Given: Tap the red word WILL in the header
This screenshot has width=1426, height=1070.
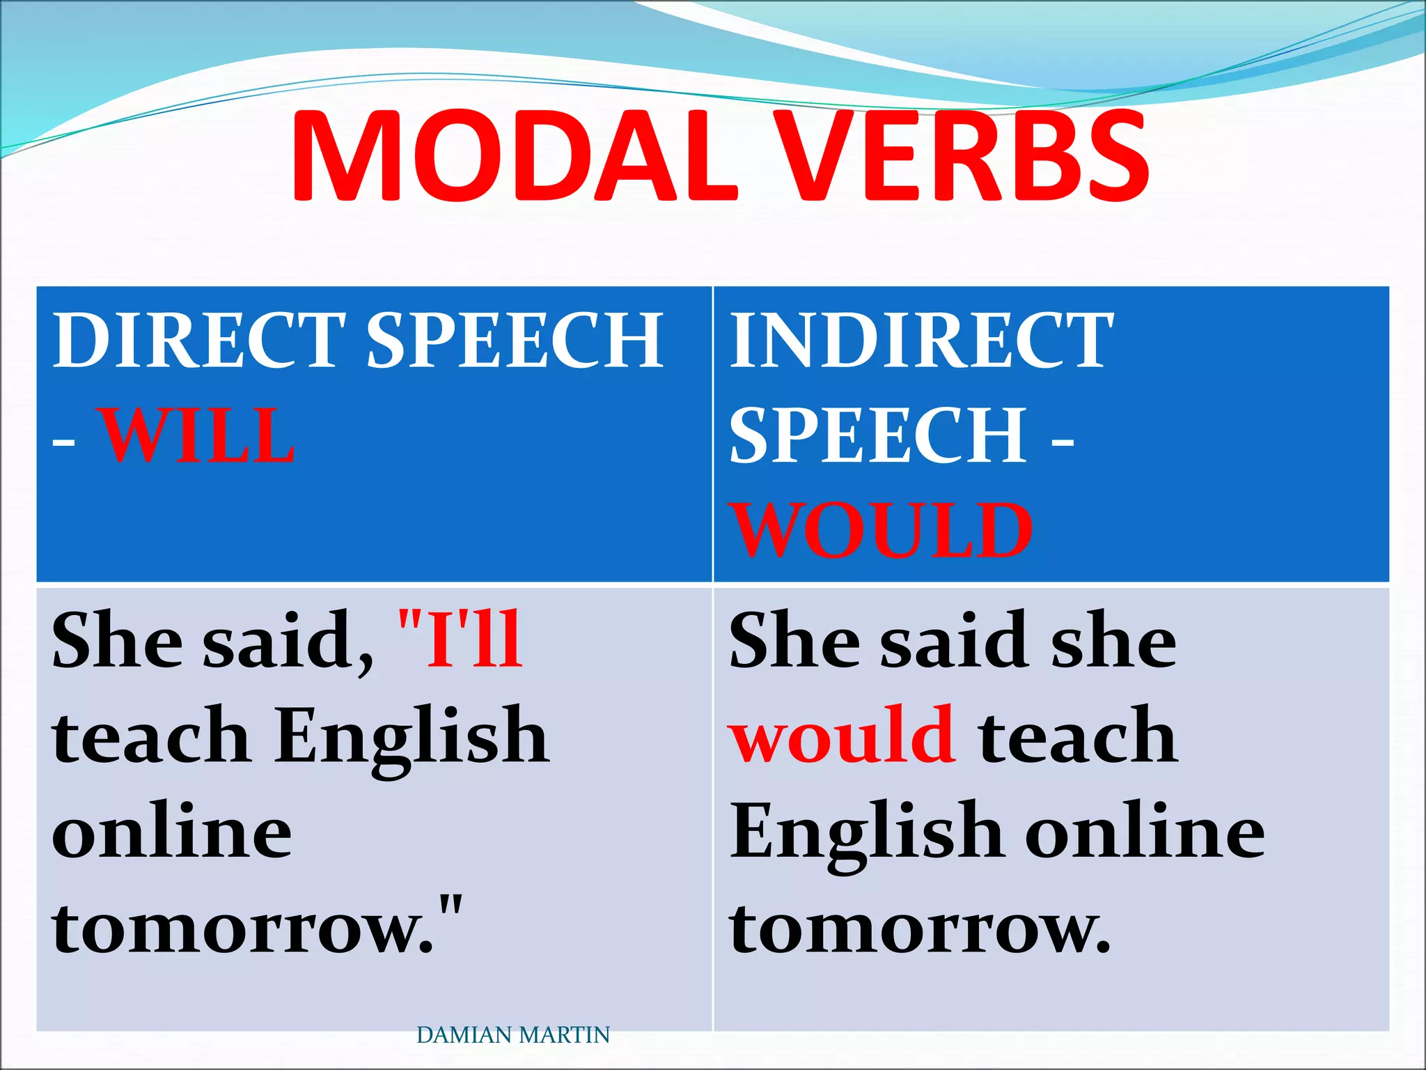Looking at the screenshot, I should [x=198, y=436].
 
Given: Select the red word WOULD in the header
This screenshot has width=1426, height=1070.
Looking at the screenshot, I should [x=881, y=531].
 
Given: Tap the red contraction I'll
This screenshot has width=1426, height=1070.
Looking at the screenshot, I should [x=460, y=639].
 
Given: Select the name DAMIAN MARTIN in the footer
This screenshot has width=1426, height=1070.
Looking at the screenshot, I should [x=513, y=1035].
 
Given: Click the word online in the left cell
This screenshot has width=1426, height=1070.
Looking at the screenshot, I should [x=172, y=833].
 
